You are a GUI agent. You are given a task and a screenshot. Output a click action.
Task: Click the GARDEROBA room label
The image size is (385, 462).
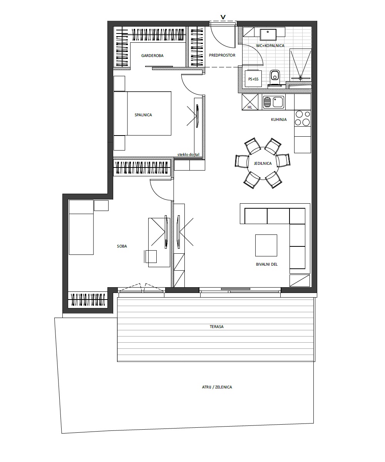click(152, 56)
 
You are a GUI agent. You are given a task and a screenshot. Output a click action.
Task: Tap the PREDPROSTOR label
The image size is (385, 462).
click(222, 55)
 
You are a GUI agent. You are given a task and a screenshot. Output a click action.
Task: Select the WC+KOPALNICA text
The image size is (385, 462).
click(270, 45)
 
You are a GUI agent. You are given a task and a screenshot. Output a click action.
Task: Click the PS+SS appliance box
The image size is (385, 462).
click(253, 79)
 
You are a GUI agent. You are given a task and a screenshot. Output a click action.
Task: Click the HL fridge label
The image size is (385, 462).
click(250, 107)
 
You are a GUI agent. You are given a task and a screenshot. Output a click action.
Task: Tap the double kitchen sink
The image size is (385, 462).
click(273, 102)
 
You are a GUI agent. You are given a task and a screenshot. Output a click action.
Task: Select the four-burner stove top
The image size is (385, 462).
click(303, 118)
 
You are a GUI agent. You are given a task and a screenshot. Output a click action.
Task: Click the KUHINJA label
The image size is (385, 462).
click(279, 120)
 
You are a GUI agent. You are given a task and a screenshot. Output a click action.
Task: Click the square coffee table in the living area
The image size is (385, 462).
click(266, 245)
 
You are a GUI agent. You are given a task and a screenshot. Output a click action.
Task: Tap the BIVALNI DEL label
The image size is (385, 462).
click(267, 264)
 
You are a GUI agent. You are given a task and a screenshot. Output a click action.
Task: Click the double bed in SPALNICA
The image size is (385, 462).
click(142, 113)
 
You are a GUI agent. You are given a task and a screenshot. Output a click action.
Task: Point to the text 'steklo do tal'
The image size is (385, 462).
click(188, 155)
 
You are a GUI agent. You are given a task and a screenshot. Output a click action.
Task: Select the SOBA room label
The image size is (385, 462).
click(122, 246)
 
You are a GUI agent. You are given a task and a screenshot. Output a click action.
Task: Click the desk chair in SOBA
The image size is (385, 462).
click(151, 256)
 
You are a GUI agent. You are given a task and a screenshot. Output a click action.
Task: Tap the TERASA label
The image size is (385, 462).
click(217, 326)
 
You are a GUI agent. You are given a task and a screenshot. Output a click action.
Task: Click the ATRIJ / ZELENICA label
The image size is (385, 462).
click(217, 387)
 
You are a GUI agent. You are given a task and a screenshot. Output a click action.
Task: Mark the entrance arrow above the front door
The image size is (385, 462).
click(223, 17)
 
